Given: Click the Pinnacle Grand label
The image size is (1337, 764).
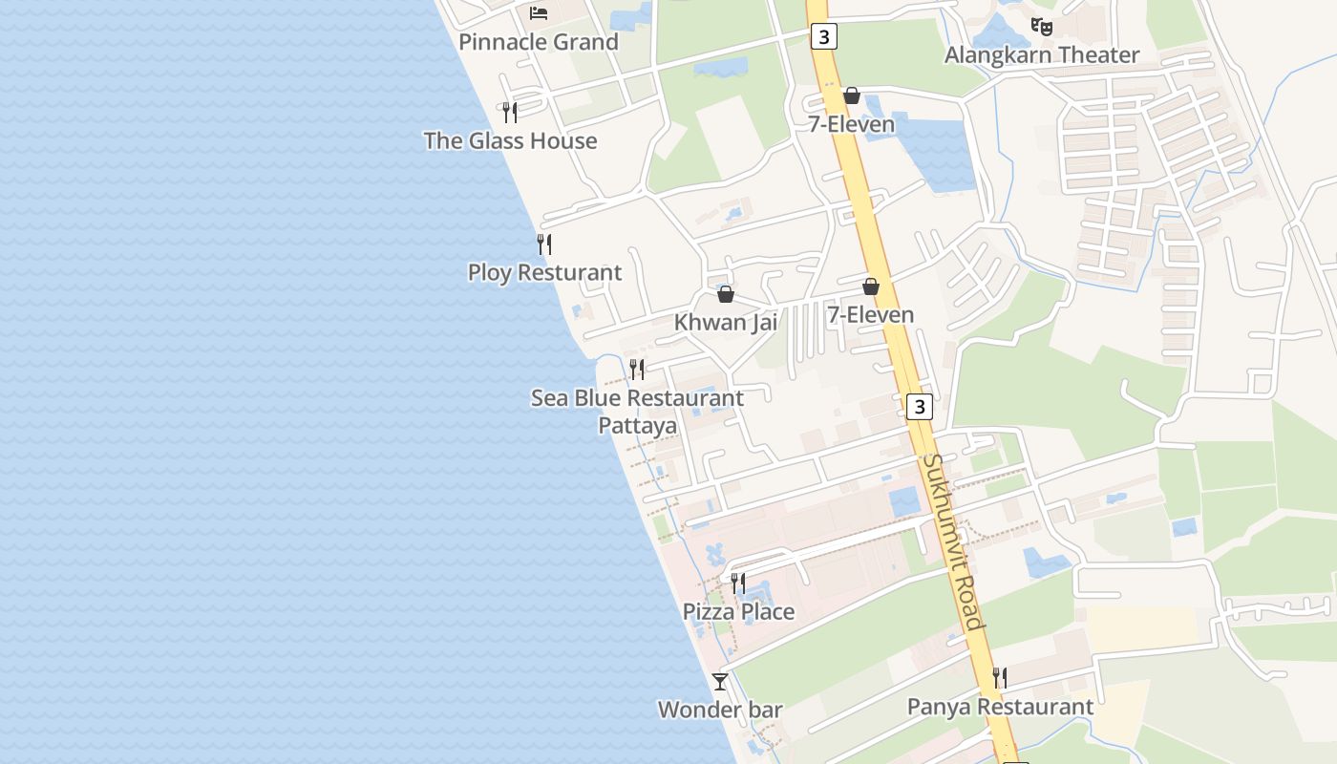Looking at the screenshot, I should coord(539,42).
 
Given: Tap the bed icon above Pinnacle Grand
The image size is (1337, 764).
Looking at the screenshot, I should coord(539,12).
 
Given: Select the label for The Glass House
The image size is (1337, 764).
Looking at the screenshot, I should coord(510,141).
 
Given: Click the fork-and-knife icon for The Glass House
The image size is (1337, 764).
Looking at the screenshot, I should coord(510,113).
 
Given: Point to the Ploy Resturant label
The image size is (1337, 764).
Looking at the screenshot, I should coord(544,273).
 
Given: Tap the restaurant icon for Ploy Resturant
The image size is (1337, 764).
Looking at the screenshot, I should coord(544,244).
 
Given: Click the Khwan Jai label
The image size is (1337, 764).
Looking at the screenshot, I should coord(725,323).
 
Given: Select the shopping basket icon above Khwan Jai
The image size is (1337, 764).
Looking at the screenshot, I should coord(726,294).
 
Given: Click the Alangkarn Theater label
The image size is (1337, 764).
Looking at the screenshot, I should coord(1042,55).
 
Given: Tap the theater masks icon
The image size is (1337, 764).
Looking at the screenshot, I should coord(1042,27).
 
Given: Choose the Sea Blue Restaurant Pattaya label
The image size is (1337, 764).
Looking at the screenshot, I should coord(637,411).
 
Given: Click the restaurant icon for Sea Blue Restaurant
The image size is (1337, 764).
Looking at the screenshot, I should coord(637,370).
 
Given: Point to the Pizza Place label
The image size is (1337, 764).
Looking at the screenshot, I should coord(738,612).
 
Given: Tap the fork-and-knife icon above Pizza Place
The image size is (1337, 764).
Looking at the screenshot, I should coord(738,584).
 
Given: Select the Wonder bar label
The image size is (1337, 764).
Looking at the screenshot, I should coord(720,711).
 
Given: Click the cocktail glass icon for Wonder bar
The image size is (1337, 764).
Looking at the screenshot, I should coord(720,682).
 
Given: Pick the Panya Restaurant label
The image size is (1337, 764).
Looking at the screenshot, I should coord(1000,708).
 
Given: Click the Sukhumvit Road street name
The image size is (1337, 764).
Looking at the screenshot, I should coord(953,541).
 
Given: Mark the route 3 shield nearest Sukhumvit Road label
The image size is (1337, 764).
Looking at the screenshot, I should coord(919,407).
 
